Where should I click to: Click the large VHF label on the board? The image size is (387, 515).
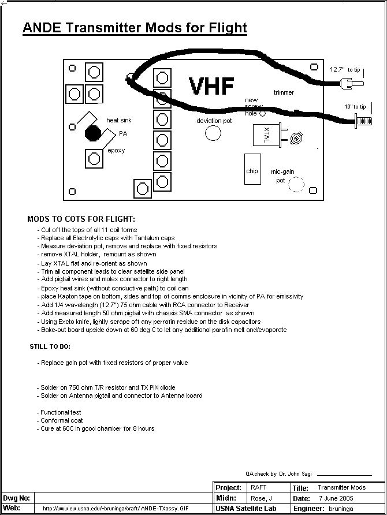tap(211, 87)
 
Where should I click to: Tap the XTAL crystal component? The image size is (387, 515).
tap(266, 138)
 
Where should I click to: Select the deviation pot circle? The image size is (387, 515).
tap(213, 133)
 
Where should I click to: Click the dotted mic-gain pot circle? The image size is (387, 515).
tap(296, 184)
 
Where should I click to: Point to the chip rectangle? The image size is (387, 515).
tap(252, 170)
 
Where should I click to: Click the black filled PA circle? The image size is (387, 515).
tap(92, 133)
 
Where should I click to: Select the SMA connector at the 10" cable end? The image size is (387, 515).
tap(361, 121)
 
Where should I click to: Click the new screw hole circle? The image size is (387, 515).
tap(263, 114)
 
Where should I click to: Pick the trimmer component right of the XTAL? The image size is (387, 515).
tap(297, 138)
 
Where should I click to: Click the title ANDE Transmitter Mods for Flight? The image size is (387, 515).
tap(135, 28)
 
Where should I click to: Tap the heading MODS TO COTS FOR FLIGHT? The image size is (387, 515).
tap(81, 219)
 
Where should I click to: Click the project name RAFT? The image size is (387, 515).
tap(258, 488)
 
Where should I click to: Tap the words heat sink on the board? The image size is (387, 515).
tap(120, 120)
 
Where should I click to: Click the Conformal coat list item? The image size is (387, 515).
tap(61, 420)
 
